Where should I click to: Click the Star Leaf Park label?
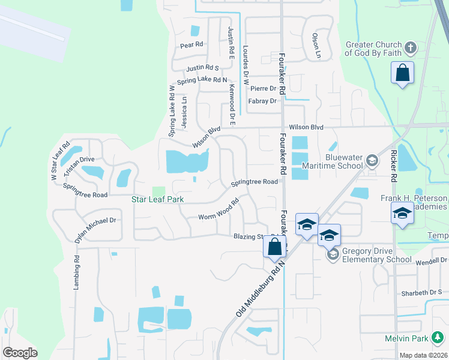(x=157, y=199)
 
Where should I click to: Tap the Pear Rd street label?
(x=192, y=44)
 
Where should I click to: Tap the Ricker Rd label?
(x=394, y=166)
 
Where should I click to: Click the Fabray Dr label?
(x=262, y=101)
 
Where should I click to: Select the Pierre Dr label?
(x=263, y=88)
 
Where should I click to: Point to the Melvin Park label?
(x=406, y=339)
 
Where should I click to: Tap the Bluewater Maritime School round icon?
(x=372, y=160)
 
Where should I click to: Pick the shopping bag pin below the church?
(x=403, y=74)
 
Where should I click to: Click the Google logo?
(x=20, y=353)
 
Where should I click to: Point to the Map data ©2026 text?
(x=423, y=355)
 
